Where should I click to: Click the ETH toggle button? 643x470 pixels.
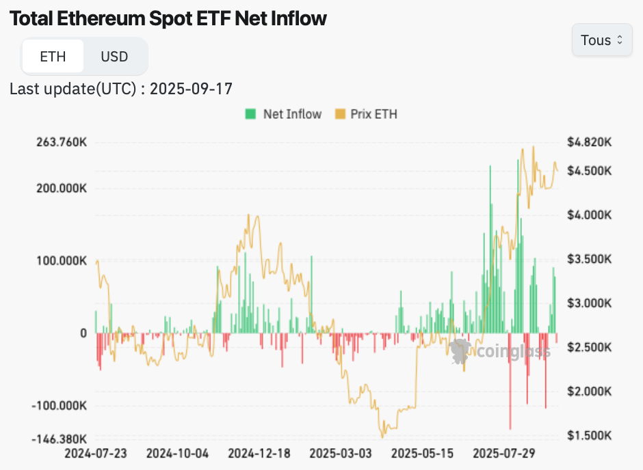pos(53,56)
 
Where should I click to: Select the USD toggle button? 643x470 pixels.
pos(114,56)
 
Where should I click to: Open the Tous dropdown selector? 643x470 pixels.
pos(602,40)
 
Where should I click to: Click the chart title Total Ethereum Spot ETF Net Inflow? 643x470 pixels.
pos(168,18)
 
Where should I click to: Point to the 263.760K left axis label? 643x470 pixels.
pos(62,143)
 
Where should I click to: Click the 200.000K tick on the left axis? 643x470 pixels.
pos(62,188)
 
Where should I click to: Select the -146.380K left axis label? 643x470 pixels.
pos(60,439)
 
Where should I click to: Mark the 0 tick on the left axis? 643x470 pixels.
pos(83,333)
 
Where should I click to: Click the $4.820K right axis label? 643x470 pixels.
pos(590,143)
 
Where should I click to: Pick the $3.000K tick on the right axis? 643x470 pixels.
pos(590,303)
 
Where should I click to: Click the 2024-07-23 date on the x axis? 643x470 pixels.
pos(96,454)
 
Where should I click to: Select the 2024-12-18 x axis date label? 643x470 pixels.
pos(260,454)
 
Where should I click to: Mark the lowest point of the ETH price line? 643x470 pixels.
pos(383,436)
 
